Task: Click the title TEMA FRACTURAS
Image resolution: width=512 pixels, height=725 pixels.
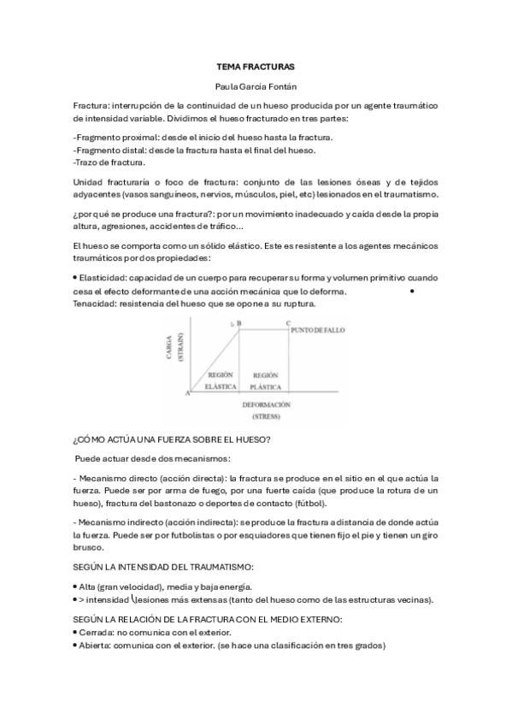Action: coord(256,65)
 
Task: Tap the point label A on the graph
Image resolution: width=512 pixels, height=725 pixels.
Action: coord(186,392)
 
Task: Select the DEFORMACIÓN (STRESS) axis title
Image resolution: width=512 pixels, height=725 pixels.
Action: coord(267,410)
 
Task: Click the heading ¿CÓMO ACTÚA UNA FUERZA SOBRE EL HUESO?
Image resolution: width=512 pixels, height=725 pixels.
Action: coord(173,440)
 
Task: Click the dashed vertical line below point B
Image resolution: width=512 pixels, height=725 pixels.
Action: coord(238,359)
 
